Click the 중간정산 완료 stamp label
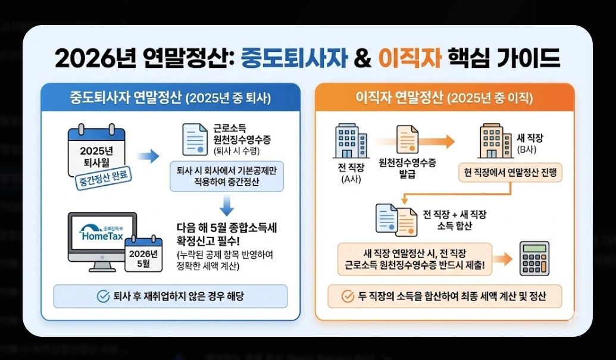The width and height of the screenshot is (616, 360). pos(105,177)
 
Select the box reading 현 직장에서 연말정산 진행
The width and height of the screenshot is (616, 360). pos(510,174)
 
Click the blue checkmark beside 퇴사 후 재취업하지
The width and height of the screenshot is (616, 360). pos(103,296)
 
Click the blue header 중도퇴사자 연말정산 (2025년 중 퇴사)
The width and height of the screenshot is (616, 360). pos(170,98)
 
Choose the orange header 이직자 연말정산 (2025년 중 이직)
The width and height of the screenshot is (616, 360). pos(443,98)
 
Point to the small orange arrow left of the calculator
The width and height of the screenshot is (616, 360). pos(504,258)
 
